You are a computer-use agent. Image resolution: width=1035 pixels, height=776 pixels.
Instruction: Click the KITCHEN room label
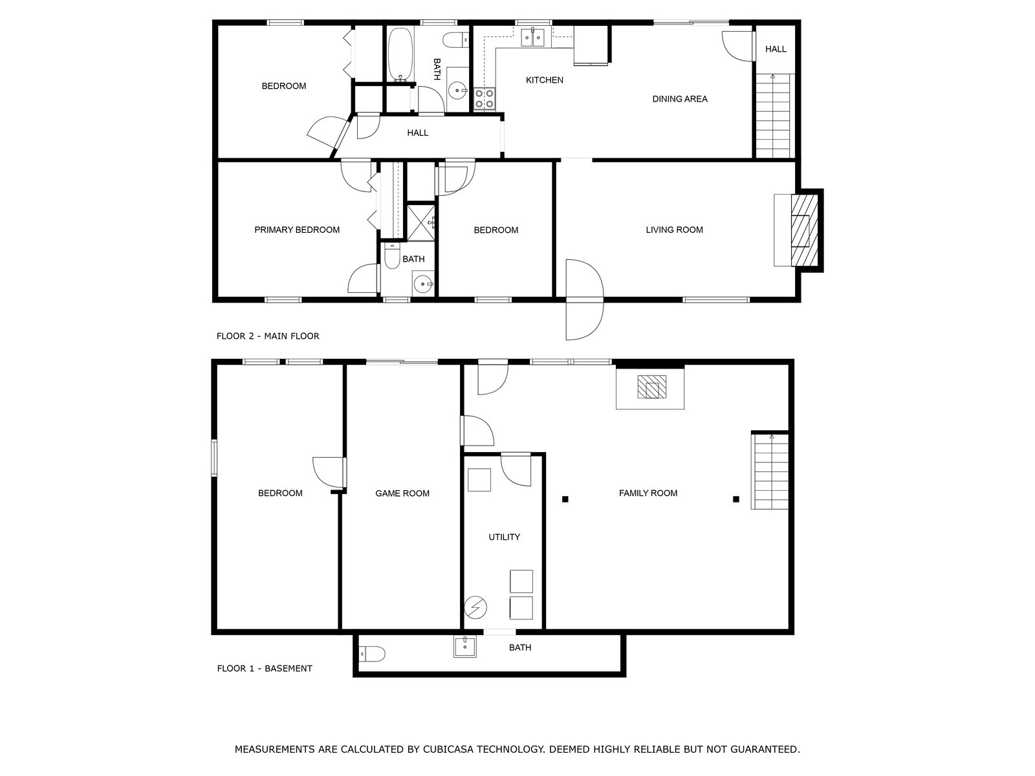[544, 80]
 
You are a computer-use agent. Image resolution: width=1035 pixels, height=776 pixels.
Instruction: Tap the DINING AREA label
[679, 99]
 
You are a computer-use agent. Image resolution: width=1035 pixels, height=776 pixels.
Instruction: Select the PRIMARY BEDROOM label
[297, 230]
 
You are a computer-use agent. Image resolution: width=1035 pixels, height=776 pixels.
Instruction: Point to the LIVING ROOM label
[674, 230]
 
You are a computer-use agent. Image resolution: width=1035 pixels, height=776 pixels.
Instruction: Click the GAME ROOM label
[402, 493]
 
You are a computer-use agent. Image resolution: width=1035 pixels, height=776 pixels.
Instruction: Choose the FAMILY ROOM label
[648, 493]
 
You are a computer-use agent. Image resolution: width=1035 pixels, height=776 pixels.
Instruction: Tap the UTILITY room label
[504, 537]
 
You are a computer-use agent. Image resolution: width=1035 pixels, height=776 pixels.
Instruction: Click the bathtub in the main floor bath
[400, 55]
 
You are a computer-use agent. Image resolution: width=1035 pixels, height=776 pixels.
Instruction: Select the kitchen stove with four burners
[485, 99]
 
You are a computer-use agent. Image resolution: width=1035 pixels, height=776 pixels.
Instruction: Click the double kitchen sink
[532, 38]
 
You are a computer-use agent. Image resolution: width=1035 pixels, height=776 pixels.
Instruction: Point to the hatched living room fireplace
[804, 231]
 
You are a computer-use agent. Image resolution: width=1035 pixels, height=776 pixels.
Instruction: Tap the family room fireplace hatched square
[651, 387]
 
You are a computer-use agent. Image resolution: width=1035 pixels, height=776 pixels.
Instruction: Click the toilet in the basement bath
[372, 654]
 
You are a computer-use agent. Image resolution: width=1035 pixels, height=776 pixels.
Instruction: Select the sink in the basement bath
[465, 646]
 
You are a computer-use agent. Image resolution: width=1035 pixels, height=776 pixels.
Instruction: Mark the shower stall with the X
[420, 222]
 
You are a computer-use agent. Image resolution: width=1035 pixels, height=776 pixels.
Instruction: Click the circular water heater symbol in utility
[475, 608]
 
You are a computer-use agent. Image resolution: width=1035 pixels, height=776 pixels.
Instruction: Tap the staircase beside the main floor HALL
[773, 116]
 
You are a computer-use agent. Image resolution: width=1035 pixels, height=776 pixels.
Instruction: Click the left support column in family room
[565, 499]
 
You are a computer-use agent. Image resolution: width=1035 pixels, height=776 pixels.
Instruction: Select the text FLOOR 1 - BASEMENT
[265, 668]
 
